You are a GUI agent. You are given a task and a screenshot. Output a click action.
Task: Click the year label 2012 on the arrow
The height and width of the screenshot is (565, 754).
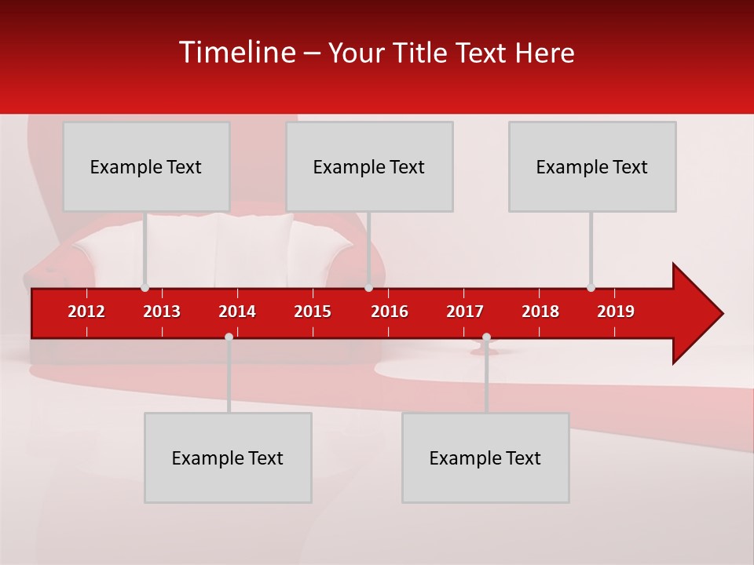86,312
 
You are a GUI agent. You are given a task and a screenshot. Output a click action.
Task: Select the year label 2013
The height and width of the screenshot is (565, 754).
162,312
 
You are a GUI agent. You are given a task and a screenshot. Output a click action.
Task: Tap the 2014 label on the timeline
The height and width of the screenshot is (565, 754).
237,312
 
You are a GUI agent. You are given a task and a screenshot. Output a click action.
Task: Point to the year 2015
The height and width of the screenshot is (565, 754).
313,312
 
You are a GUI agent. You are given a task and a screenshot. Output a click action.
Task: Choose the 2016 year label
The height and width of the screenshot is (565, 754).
390,312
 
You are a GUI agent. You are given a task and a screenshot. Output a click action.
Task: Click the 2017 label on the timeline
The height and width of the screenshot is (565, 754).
465,312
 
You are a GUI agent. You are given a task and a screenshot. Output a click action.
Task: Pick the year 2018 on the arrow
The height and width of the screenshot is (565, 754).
540,312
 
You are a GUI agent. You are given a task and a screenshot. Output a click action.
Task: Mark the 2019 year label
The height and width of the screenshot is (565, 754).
616,312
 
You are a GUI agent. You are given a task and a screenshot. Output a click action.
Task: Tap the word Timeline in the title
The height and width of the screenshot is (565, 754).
236,53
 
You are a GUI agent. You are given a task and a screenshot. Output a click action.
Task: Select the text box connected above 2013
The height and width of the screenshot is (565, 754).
146,166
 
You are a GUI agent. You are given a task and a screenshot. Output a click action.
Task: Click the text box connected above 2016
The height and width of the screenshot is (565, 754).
369,166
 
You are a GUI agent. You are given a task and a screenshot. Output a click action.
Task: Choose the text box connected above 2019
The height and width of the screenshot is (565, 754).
592,166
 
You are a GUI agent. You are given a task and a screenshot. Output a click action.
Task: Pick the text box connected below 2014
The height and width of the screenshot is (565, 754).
228,457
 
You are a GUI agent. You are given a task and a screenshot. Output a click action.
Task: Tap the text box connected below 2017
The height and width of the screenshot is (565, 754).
485,457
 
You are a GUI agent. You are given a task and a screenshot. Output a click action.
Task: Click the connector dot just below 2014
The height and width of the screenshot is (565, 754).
229,337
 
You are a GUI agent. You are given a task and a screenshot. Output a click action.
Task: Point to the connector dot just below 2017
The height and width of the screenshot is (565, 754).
486,337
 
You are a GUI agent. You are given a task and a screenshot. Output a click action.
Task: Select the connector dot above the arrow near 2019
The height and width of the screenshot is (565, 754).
591,287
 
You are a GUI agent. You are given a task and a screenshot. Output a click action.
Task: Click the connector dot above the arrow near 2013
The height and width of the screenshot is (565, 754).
145,287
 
